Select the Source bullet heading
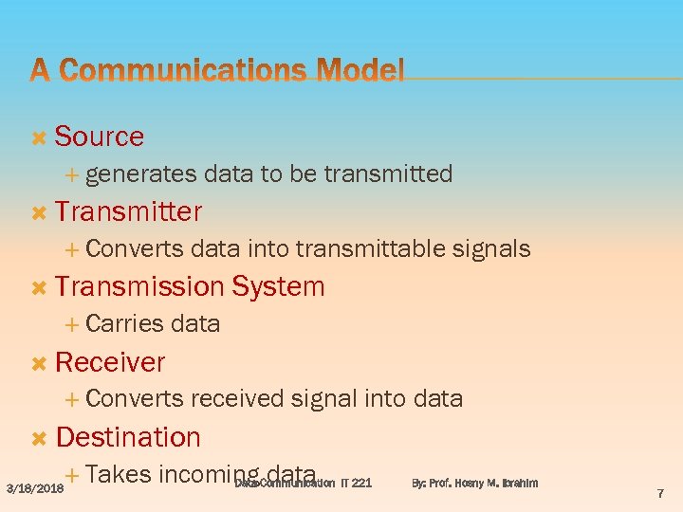point(100,137)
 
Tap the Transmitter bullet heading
point(128,211)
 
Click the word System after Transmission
point(278,286)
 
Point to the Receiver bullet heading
point(110,362)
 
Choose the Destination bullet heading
point(128,437)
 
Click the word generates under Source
point(140,174)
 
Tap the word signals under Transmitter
point(490,249)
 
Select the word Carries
point(124,324)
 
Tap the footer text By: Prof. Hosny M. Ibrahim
point(474,484)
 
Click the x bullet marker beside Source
point(39,137)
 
